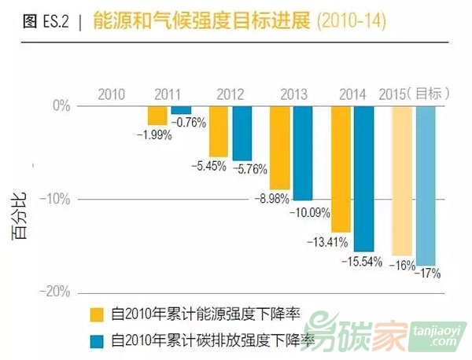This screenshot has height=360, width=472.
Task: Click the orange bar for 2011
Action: (157, 116)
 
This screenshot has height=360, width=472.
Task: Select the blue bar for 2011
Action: (181, 110)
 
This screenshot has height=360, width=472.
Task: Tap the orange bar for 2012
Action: (218, 131)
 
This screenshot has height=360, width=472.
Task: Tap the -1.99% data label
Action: (153, 135)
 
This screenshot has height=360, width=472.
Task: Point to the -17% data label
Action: (428, 274)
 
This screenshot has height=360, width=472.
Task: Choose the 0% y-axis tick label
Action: (61, 105)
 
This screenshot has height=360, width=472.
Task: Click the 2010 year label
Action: (111, 94)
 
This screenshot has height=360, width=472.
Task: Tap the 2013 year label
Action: (293, 94)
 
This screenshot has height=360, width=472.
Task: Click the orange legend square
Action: (98, 314)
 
